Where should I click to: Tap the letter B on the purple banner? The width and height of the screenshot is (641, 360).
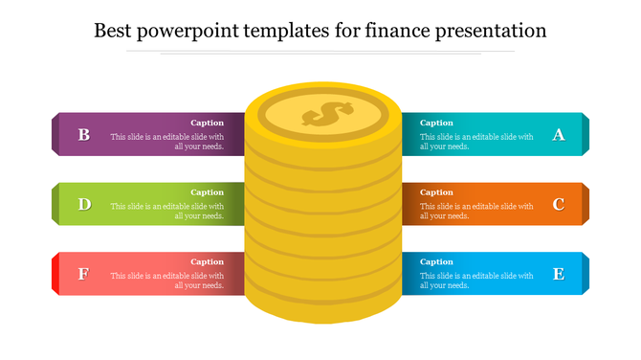(84, 135)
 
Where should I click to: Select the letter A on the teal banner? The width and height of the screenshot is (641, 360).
(559, 135)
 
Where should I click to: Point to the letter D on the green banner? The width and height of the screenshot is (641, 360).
(84, 204)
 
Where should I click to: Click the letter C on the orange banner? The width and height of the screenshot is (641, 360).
(559, 204)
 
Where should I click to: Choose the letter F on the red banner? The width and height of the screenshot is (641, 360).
(84, 274)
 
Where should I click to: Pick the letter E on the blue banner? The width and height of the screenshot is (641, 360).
(559, 274)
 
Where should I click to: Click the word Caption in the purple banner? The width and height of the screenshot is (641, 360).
(208, 123)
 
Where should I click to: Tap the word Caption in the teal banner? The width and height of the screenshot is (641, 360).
(436, 123)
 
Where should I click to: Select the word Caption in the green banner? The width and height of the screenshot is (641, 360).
(208, 192)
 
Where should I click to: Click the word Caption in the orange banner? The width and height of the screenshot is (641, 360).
(436, 192)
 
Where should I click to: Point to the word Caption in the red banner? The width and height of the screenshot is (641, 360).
(208, 261)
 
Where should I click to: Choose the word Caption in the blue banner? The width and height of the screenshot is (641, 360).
(436, 261)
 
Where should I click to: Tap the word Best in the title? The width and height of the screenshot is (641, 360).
(115, 31)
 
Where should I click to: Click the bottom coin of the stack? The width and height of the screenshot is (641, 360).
(323, 304)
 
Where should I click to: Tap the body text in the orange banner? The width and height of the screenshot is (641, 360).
(476, 211)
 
